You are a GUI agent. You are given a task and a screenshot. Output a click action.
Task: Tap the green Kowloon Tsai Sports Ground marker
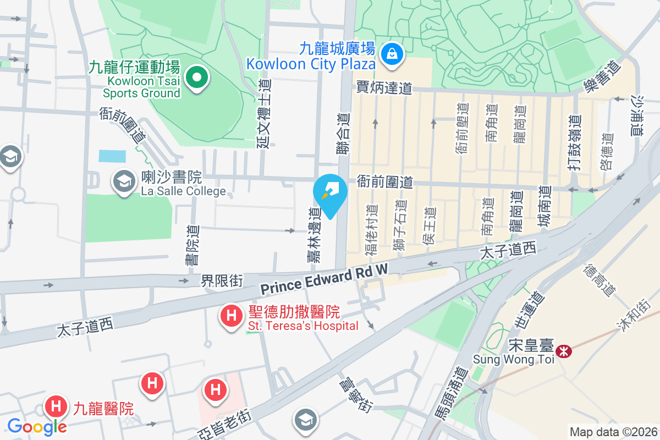tap(196, 79)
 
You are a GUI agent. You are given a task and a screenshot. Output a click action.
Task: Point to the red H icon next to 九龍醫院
tap(56, 408)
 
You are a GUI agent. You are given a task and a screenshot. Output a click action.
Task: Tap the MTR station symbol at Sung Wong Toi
tap(563, 351)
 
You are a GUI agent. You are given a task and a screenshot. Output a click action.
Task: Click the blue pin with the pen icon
tap(330, 193)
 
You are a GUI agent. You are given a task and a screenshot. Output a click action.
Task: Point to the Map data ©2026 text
tap(613, 432)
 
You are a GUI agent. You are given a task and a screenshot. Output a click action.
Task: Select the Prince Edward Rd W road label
tap(324, 278)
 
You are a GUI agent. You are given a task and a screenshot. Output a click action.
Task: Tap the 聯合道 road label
tap(344, 133)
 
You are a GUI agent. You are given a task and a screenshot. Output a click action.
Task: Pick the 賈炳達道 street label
tap(384, 88)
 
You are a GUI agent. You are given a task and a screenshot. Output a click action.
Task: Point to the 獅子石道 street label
tap(400, 226)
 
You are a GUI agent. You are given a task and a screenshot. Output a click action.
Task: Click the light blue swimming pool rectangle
tap(112, 156)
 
